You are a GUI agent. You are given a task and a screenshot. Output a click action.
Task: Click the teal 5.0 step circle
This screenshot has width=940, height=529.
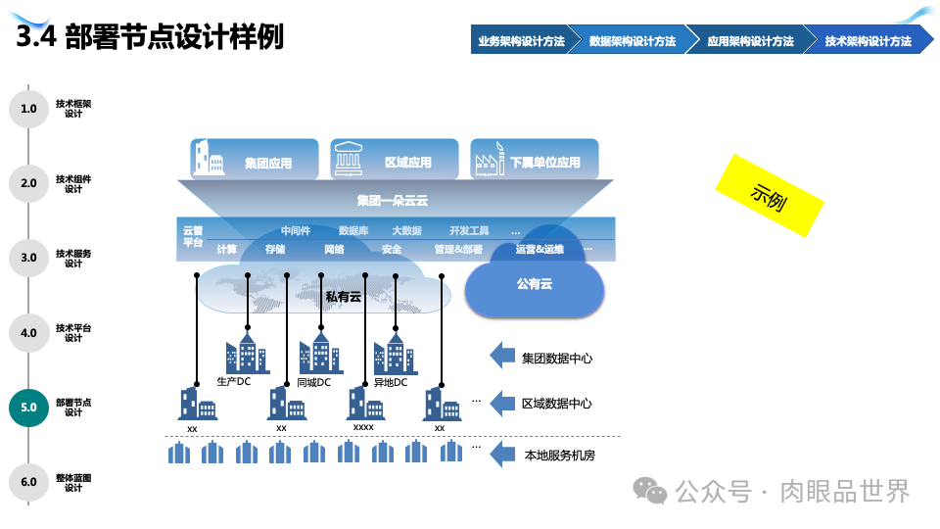[28, 408]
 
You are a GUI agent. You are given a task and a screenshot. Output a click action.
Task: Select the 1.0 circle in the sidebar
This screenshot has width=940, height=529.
[28, 109]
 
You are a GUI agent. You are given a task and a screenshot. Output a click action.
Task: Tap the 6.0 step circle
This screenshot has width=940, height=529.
[28, 482]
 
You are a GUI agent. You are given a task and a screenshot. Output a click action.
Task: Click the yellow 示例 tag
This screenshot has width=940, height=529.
[770, 195]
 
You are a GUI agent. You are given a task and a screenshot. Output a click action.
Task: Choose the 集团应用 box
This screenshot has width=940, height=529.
[254, 160]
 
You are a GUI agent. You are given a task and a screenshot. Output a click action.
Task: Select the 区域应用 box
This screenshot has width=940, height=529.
[394, 160]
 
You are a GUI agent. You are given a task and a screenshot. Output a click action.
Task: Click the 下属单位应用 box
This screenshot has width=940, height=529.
[534, 160]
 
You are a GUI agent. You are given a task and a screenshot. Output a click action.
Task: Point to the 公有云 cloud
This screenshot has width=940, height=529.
[534, 284]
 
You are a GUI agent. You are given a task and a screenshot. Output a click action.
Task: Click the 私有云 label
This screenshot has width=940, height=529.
[344, 296]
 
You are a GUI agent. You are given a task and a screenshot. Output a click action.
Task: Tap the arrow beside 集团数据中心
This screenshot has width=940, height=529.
[502, 357]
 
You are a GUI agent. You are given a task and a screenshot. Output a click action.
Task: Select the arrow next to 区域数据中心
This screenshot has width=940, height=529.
[502, 403]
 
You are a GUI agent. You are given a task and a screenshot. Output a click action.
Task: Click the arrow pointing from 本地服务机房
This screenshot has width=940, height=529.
[502, 454]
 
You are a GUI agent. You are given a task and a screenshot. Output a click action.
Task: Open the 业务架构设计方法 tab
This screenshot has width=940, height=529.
[520, 41]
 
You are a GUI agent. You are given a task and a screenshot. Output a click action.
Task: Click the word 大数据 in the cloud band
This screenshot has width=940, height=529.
[406, 231]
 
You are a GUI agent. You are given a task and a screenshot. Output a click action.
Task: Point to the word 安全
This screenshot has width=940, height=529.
[392, 250]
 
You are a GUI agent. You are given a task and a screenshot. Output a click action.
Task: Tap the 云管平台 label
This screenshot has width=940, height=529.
[193, 236]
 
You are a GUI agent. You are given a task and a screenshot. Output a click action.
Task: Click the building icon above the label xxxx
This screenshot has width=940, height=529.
[363, 404]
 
